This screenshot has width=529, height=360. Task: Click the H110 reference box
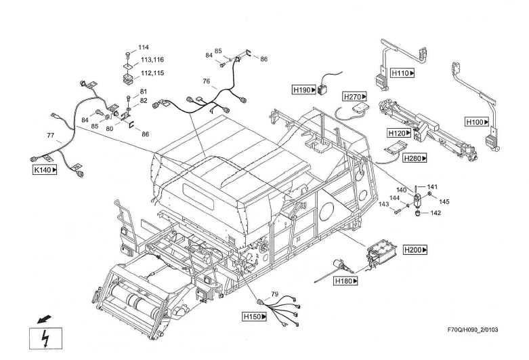[x=402, y=72]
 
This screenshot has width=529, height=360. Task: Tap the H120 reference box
[x=400, y=132]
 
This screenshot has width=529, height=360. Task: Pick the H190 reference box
[x=305, y=89]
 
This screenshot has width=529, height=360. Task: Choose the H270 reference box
[x=355, y=97]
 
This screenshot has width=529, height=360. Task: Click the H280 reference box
[x=415, y=158]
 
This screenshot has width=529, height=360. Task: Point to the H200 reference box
[x=415, y=249]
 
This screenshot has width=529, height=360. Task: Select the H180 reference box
[x=347, y=280]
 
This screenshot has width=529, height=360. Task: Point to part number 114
[x=144, y=47]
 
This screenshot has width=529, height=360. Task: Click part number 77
[x=50, y=136]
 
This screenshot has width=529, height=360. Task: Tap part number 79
[x=275, y=294]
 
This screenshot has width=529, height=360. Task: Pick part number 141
[x=432, y=186]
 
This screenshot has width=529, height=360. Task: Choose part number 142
[x=436, y=213]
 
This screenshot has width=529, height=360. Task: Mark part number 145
[x=444, y=201]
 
